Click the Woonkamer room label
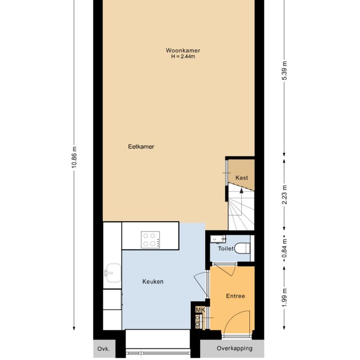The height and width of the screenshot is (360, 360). point(183,50)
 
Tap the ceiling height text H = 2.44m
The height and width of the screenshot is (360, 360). point(183,57)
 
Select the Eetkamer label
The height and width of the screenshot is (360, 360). point(141,147)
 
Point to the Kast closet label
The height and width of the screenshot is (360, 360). point(242,177)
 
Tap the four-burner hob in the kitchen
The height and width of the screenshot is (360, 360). point(151,239)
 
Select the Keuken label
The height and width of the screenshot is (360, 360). point(153,282)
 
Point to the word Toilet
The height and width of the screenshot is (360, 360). point(226,248)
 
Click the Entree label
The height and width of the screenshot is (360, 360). point(236,296)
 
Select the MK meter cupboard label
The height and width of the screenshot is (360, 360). point(200,310)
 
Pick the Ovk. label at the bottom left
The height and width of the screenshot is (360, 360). point(104,349)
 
